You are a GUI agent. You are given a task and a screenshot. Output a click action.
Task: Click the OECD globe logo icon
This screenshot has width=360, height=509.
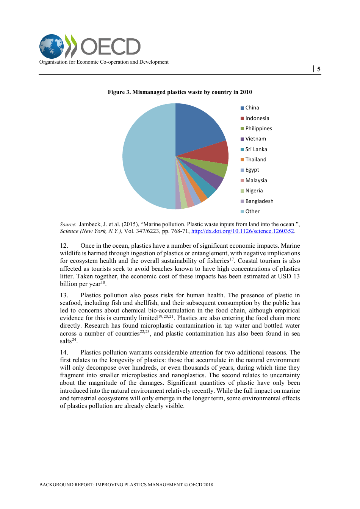(52, 46)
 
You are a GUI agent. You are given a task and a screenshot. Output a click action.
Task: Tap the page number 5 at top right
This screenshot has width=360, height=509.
(319, 69)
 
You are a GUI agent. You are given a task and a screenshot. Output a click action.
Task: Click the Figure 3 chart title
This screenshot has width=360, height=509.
(180, 92)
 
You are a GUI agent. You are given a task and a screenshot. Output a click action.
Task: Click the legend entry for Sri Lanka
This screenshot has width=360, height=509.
(256, 149)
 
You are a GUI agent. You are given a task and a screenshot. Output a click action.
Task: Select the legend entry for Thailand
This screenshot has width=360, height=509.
(255, 159)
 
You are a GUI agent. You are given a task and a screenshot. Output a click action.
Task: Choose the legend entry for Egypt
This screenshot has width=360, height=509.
(252, 170)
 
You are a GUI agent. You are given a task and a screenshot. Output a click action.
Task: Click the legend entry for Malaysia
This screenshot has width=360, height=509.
(256, 180)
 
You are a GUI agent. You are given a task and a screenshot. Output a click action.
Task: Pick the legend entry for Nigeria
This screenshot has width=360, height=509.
(254, 190)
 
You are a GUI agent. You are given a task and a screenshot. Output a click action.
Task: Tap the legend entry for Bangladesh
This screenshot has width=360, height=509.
(259, 201)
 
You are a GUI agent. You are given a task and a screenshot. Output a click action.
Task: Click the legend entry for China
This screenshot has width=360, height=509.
(252, 108)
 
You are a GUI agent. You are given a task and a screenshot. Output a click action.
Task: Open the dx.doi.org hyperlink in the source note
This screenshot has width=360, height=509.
(243, 231)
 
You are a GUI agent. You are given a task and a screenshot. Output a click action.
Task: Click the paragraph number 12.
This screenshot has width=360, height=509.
(64, 245)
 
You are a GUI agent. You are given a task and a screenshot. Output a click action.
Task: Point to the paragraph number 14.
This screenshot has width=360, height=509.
(64, 352)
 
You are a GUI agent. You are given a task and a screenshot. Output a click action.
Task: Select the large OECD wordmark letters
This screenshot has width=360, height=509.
(110, 47)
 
